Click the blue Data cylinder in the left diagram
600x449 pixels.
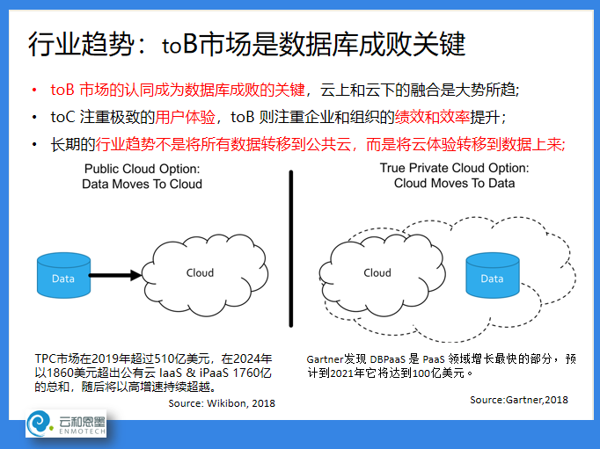coord(63,275)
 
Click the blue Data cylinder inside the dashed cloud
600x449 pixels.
coord(493,275)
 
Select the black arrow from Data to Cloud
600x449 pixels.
coord(115,275)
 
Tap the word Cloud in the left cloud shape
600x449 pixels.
coord(200,273)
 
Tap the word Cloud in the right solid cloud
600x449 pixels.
coord(377,273)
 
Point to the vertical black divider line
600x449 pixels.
coord(291,249)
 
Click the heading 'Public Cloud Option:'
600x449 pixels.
coord(142,169)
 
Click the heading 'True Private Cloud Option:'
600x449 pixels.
coord(454,168)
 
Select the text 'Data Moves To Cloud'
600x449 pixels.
coord(142,184)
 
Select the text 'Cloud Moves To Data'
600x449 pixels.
coord(454,183)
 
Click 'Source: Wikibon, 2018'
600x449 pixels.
coord(222,403)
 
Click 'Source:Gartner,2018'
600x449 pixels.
coord(519,400)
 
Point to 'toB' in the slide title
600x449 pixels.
coord(179,44)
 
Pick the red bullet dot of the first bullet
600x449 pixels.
coord(34,91)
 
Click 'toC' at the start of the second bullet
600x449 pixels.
coord(62,117)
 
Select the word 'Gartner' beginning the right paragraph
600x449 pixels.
coord(325,359)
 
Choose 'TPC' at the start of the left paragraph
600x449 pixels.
coord(46,358)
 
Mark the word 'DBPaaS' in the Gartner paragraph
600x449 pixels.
coord(388,359)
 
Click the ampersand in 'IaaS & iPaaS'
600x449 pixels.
coord(191,373)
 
